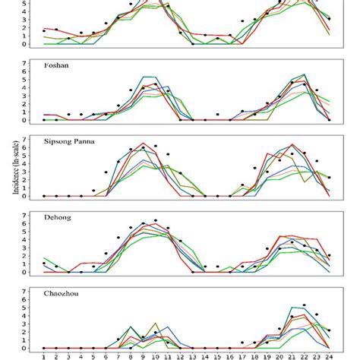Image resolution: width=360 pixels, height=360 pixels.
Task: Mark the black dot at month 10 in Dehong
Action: pyautogui.click(x=156, y=221)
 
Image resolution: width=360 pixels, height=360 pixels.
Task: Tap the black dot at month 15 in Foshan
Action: pyautogui.click(x=218, y=115)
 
